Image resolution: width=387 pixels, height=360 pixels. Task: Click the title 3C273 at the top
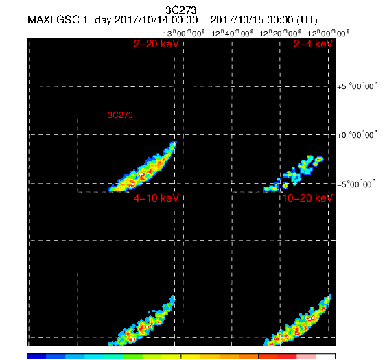click(x=181, y=10)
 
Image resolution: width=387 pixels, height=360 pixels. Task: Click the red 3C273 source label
click(x=121, y=115)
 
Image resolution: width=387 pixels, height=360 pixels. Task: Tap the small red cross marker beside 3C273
click(x=104, y=115)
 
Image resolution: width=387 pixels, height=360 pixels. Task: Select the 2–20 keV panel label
click(x=156, y=44)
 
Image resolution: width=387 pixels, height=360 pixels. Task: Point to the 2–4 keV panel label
click(x=313, y=44)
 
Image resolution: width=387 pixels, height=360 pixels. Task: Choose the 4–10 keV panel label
click(x=156, y=198)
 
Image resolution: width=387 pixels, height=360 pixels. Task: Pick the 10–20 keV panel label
click(x=307, y=198)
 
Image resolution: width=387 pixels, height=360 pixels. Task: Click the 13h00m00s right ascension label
click(x=184, y=33)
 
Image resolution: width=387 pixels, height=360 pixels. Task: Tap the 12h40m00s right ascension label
click(x=232, y=33)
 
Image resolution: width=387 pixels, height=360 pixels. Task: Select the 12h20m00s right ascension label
click(x=281, y=33)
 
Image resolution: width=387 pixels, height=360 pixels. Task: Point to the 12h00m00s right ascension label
click(x=329, y=33)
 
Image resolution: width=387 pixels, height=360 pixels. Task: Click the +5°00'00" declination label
click(x=357, y=86)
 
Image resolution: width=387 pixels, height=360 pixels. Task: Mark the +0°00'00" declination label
click(x=357, y=135)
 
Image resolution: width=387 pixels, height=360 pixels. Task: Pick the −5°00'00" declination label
click(x=356, y=184)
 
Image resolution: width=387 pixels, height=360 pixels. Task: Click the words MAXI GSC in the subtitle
click(x=54, y=20)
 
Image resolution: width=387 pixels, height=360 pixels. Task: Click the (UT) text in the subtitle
click(x=307, y=20)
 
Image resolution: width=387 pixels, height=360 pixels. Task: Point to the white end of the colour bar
click(x=325, y=356)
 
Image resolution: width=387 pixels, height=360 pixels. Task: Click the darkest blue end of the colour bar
click(x=36, y=356)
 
